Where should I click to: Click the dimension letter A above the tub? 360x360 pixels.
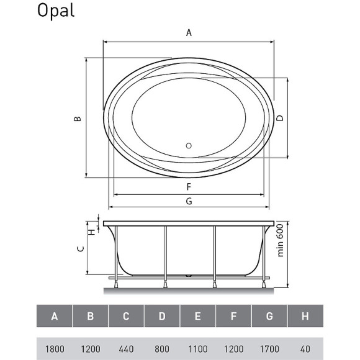click(189, 34)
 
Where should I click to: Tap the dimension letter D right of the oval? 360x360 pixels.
click(280, 118)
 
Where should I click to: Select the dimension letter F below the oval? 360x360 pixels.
click(187, 186)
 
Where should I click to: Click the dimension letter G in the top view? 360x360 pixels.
click(188, 200)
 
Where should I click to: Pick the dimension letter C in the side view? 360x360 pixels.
click(79, 248)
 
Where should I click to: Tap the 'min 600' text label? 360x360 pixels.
click(280, 240)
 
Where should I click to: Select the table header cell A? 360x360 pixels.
click(55, 317)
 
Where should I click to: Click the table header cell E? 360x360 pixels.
click(197, 317)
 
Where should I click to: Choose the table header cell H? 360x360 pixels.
click(305, 317)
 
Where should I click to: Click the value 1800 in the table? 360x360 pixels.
click(55, 349)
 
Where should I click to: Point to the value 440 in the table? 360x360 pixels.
click(126, 349)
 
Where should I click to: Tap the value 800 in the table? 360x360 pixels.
click(162, 349)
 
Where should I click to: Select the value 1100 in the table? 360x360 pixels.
click(197, 349)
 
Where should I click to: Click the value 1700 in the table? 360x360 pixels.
click(269, 349)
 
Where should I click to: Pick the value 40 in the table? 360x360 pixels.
click(305, 349)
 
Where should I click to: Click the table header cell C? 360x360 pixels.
click(126, 317)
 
